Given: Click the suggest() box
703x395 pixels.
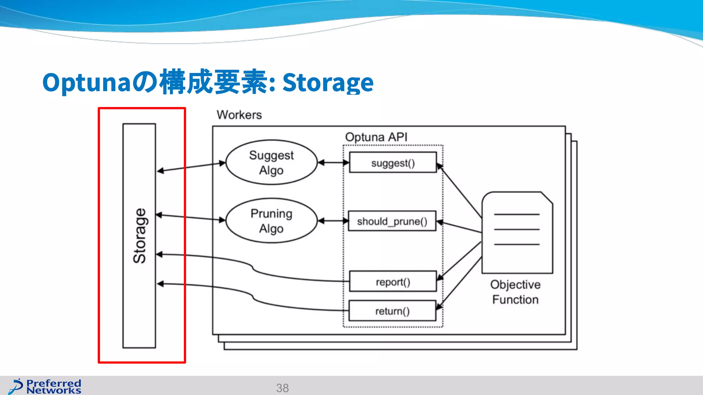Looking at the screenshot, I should pyautogui.click(x=393, y=163).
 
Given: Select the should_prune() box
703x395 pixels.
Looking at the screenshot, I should pyautogui.click(x=392, y=221).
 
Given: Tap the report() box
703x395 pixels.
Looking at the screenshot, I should pyautogui.click(x=393, y=282).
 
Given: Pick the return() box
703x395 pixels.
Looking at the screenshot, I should pyautogui.click(x=392, y=311).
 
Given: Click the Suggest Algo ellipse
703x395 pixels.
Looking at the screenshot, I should pyautogui.click(x=271, y=163).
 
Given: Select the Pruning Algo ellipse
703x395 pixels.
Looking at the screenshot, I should pyautogui.click(x=271, y=221).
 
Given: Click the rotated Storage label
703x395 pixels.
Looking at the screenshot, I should pyautogui.click(x=139, y=236).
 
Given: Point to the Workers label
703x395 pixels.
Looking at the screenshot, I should pyautogui.click(x=239, y=115).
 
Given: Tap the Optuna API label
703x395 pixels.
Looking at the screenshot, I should pyautogui.click(x=376, y=137).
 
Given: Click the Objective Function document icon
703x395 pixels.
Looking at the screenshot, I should pyautogui.click(x=517, y=233).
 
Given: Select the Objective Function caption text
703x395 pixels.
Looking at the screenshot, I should pyautogui.click(x=515, y=292).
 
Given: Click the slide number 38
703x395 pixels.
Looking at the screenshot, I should pyautogui.click(x=282, y=388).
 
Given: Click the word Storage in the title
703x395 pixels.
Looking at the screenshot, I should pyautogui.click(x=328, y=83).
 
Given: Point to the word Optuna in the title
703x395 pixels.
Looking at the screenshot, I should pyautogui.click(x=86, y=83).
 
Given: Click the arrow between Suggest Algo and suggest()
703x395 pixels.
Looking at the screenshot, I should pyautogui.click(x=333, y=163).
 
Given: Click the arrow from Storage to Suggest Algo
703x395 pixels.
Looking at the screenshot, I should pyautogui.click(x=191, y=167).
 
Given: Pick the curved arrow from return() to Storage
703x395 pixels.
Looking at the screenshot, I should pyautogui.click(x=254, y=297).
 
